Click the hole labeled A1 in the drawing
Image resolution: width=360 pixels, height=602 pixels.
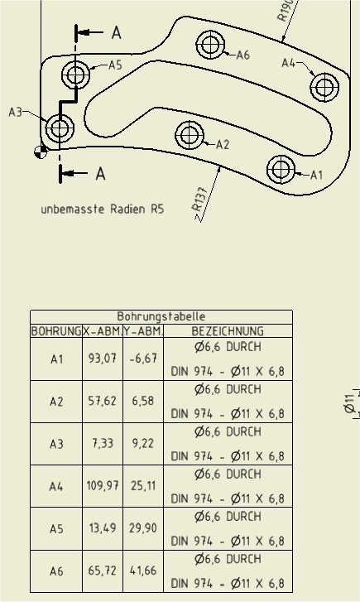click(x=281, y=169)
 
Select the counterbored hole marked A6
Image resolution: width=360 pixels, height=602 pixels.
click(x=210, y=45)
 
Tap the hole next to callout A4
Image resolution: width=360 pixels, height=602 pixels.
click(x=324, y=87)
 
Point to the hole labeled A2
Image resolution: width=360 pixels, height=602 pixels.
click(x=190, y=135)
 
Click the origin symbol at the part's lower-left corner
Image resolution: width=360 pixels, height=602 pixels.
click(x=41, y=152)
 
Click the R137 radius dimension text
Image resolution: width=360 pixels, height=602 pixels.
click(x=200, y=200)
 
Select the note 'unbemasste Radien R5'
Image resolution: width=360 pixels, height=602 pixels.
click(x=103, y=209)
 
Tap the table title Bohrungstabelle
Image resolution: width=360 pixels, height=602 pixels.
click(x=161, y=317)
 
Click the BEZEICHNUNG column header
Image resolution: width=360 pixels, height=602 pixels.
click(x=228, y=331)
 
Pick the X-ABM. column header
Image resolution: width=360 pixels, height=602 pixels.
click(x=103, y=331)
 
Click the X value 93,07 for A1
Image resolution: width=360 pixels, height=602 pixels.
click(x=103, y=359)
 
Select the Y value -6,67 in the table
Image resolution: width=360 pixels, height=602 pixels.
click(x=143, y=359)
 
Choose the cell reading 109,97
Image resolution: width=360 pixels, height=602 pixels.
click(x=103, y=486)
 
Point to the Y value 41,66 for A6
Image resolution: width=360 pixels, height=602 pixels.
click(x=143, y=571)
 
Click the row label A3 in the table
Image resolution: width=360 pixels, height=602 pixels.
click(x=56, y=444)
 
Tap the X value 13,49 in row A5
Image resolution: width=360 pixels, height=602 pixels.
click(x=103, y=528)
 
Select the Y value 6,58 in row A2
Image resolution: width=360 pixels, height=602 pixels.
click(x=143, y=401)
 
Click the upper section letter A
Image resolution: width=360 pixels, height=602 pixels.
click(x=117, y=32)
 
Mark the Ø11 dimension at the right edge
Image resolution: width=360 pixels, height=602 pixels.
click(x=349, y=402)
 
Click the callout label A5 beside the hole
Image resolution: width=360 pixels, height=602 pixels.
click(x=115, y=65)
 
